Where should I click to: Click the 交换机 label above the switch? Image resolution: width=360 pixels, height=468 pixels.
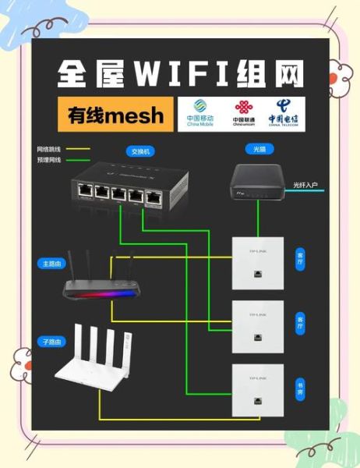click(142, 151)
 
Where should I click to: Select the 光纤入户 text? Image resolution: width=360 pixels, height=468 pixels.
click(305, 185)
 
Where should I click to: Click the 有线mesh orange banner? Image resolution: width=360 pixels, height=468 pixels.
click(116, 116)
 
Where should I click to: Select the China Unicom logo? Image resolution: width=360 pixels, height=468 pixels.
click(245, 113)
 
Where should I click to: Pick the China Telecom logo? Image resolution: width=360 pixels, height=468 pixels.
click(283, 113)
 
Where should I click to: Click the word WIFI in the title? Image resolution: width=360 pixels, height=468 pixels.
click(185, 74)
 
